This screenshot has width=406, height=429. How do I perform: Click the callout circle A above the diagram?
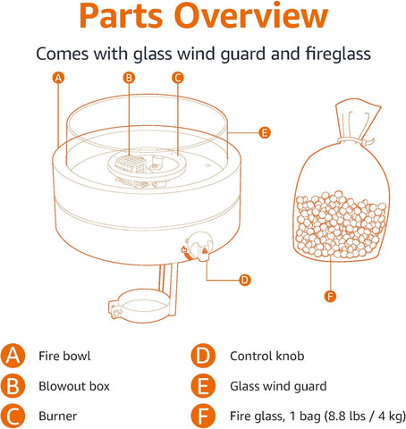pyautogui.click(x=58, y=78)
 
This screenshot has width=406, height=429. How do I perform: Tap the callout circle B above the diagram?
pyautogui.click(x=129, y=78)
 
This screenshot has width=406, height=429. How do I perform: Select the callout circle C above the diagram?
pyautogui.click(x=178, y=78)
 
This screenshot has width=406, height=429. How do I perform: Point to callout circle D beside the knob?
pyautogui.click(x=245, y=280)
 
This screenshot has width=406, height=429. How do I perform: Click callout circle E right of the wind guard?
pyautogui.click(x=265, y=132)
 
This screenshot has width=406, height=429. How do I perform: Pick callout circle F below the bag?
pyautogui.click(x=330, y=297)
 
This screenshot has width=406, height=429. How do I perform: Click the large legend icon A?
pyautogui.click(x=13, y=356)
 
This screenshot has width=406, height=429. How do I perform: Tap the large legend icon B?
pyautogui.click(x=13, y=386)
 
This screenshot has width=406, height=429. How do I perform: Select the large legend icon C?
pyautogui.click(x=13, y=416)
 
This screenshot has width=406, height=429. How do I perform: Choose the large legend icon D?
pyautogui.click(x=203, y=356)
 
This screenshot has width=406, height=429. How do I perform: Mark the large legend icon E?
pyautogui.click(x=203, y=386)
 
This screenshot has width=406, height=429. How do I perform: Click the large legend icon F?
pyautogui.click(x=203, y=416)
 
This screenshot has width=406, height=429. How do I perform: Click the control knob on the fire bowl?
pyautogui.click(x=199, y=246)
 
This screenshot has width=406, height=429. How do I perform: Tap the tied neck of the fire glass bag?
pyautogui.click(x=355, y=140)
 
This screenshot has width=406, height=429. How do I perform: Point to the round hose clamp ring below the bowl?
pyautogui.click(x=141, y=307)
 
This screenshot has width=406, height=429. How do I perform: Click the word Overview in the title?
pyautogui.click(x=251, y=15)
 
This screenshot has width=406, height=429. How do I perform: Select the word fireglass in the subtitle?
pyautogui.click(x=338, y=54)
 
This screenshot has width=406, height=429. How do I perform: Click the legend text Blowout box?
pyautogui.click(x=74, y=386)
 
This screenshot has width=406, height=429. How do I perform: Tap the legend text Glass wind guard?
pyautogui.click(x=278, y=387)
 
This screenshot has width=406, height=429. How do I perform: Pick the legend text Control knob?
pyautogui.click(x=267, y=356)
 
